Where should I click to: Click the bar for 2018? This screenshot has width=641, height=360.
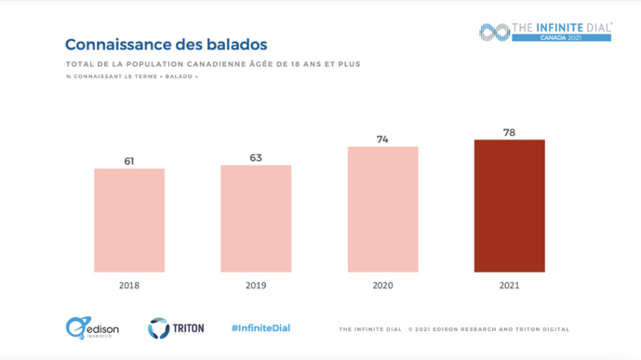coord(129,220)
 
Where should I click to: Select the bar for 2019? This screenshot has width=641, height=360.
coord(256,219)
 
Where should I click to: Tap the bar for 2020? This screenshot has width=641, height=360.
coord(382,209)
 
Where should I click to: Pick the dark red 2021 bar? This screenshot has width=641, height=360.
coord(509,206)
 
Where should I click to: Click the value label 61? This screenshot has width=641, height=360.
coord(129,162)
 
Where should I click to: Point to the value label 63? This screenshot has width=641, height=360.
coord(256,158)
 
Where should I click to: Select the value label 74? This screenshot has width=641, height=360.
coord(382,140)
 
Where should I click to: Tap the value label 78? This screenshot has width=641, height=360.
coord(509,133)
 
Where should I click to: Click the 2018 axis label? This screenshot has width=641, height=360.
coord(129,287)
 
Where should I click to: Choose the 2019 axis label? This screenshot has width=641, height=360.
coord(256,287)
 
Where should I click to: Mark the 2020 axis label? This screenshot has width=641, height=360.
coord(382,287)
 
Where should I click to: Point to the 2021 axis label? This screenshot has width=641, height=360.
coord(509,287)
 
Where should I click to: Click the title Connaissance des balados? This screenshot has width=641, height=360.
coord(166,45)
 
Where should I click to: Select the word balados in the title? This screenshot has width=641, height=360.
coord(235,45)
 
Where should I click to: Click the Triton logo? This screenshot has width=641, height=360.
coord(176,328)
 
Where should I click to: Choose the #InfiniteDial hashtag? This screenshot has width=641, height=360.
coord(260,328)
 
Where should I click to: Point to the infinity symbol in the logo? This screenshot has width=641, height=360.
coord(493,32)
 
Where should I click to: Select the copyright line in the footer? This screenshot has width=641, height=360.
coord(453,329)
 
